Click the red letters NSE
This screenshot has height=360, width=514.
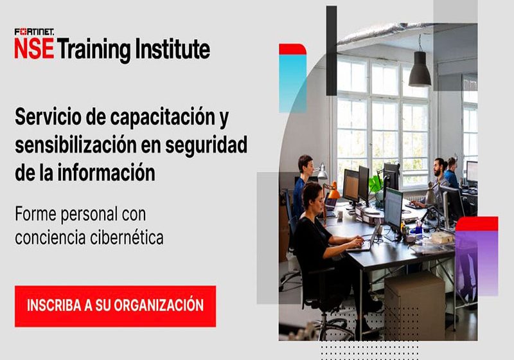(33, 50)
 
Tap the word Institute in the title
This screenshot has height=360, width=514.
(172, 50)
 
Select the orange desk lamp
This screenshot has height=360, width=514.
(333, 191)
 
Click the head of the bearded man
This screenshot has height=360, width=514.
(439, 167)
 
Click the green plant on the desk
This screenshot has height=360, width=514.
(375, 184)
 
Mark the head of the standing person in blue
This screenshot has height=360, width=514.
(305, 166)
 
